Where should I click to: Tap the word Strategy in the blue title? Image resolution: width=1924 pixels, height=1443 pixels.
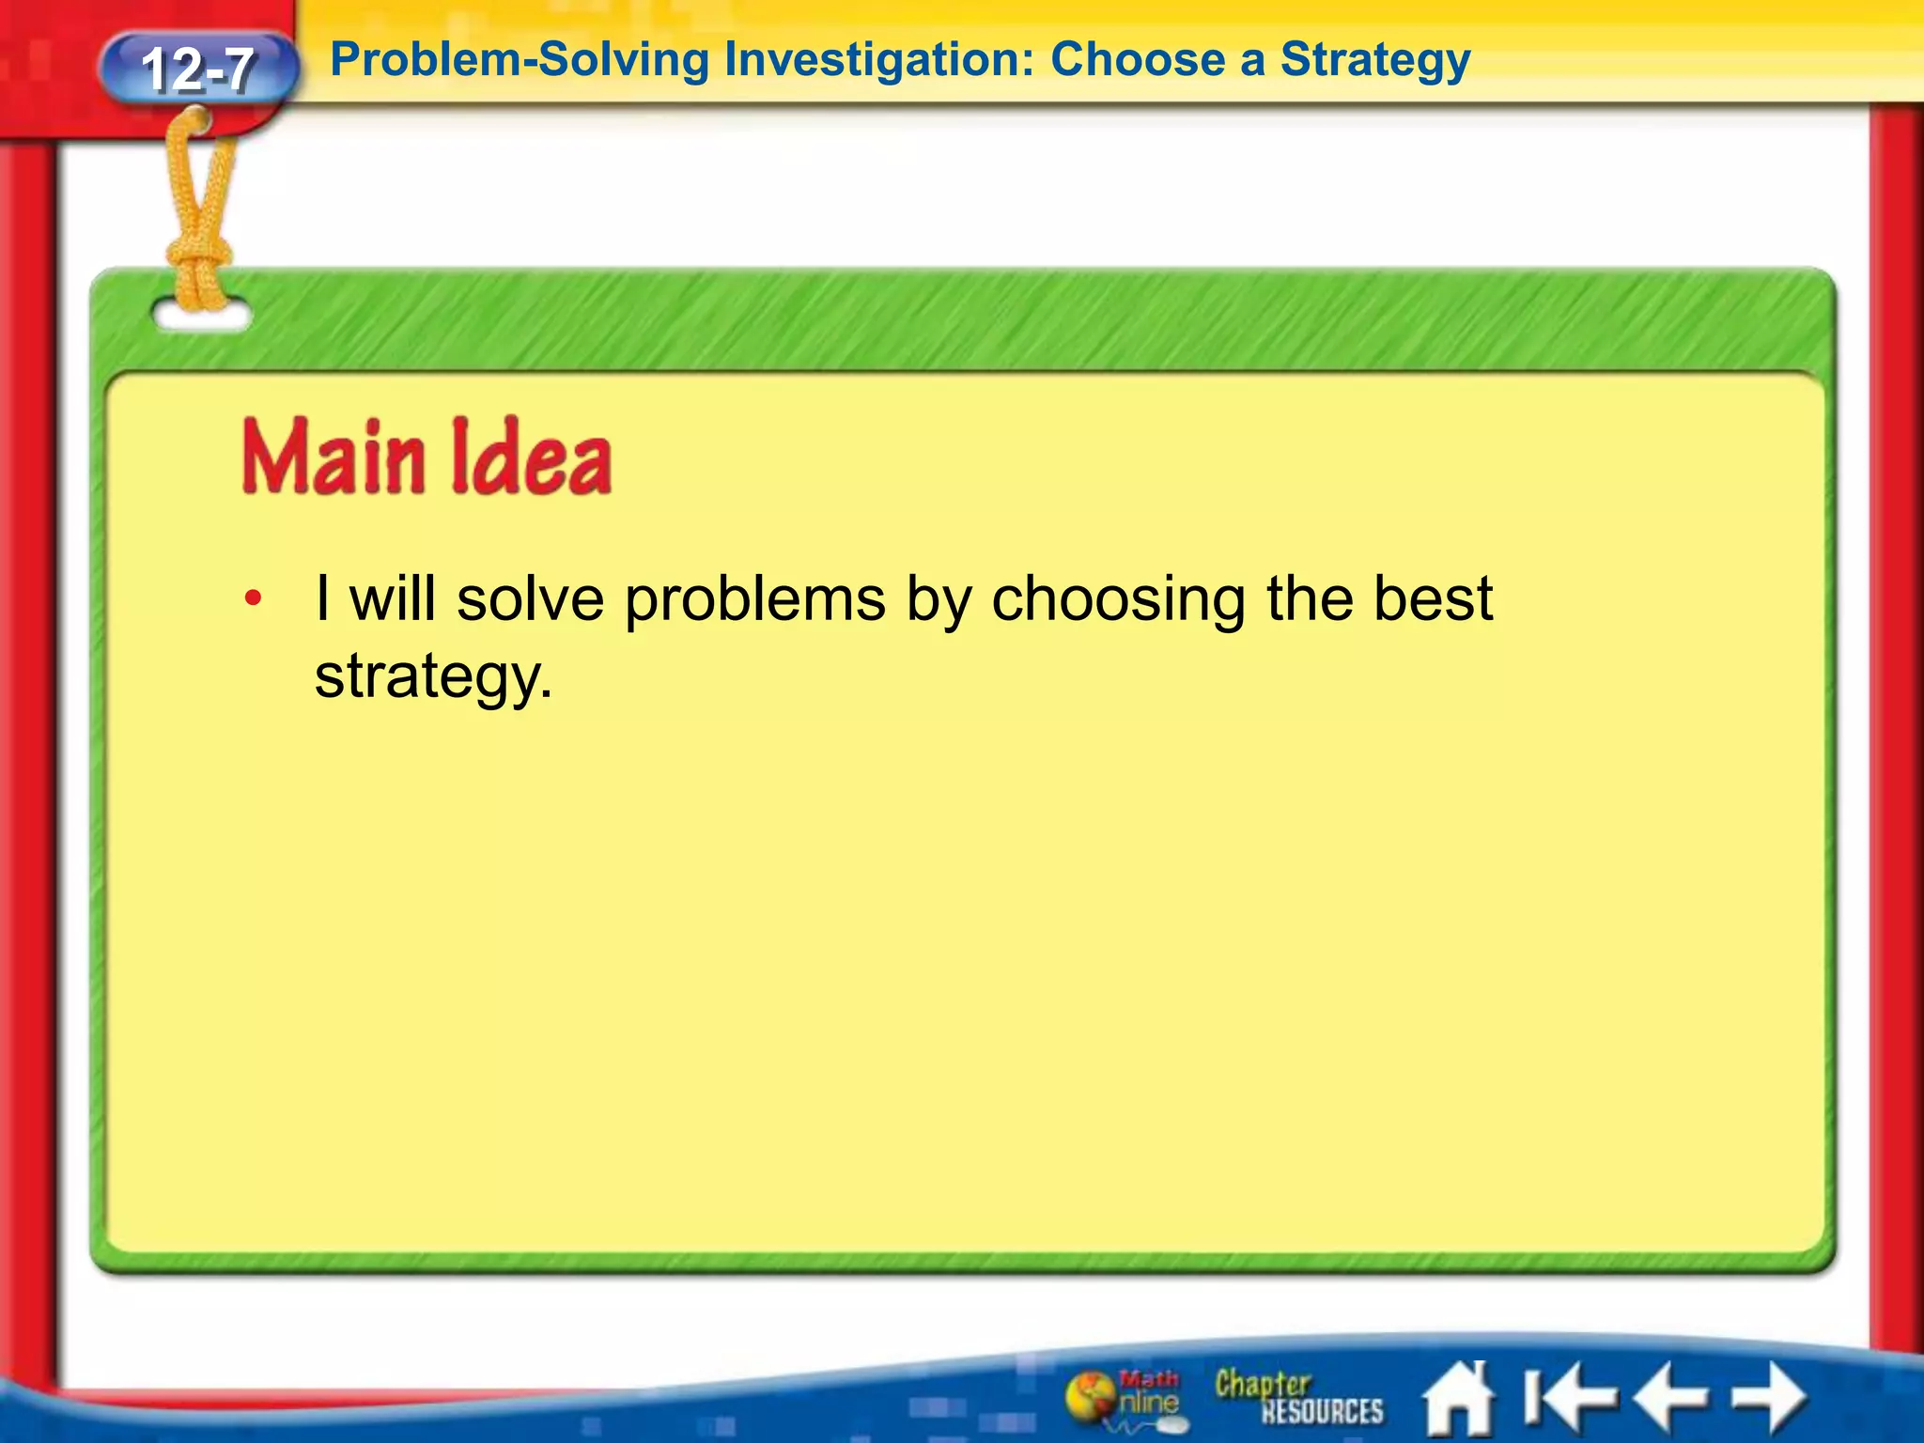pos(1375,60)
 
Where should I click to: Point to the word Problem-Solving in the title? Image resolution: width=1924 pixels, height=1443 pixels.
pos(520,60)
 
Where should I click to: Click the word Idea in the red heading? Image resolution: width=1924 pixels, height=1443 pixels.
pos(531,458)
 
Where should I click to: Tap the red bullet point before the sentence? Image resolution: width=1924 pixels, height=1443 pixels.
pos(252,598)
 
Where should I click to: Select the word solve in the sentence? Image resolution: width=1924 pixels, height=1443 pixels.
pos(531,598)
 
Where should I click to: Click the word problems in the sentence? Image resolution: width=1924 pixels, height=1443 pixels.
pos(755,600)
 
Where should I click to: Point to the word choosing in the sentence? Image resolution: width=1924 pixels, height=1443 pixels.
pos(1118,600)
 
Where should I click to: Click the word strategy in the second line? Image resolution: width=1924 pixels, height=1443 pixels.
pos(433,677)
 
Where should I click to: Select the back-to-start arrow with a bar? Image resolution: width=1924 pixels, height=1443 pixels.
pos(1564,1398)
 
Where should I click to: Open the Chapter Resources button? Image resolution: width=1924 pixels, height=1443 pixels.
pos(1298,1397)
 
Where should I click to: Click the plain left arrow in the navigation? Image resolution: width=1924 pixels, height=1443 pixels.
pos(1670,1398)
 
